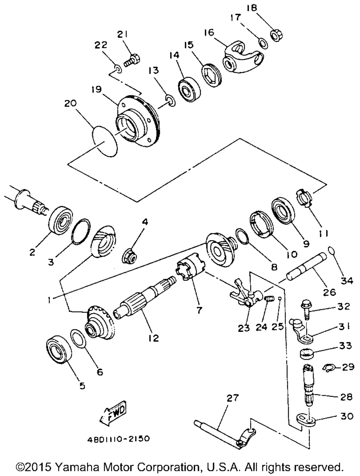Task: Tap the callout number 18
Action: point(252,8)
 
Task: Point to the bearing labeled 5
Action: point(58,348)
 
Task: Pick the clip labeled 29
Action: point(329,368)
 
